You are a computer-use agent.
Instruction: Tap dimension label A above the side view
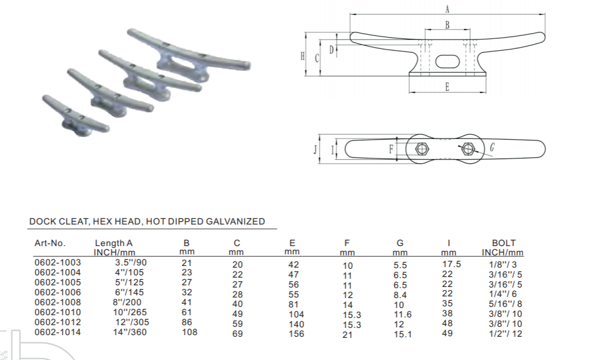click(447, 8)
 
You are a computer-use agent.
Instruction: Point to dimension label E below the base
click(447, 87)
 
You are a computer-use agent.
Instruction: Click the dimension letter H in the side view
click(302, 56)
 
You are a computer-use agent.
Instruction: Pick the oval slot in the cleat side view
click(447, 61)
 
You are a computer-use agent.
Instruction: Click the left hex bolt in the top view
click(421, 149)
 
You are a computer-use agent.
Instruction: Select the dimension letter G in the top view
click(492, 147)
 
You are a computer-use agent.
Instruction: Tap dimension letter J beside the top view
click(315, 149)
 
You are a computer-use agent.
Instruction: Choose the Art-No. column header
click(50, 243)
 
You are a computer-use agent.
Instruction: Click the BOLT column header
click(504, 243)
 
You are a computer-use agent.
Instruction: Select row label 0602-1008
click(58, 302)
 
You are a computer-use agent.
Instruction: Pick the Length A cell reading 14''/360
click(130, 332)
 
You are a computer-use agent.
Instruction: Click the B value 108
click(189, 332)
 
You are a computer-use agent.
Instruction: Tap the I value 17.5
click(451, 264)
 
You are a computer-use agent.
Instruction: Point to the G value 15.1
click(403, 334)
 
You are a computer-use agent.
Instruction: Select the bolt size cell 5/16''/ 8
click(505, 304)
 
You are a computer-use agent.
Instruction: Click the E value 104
click(296, 314)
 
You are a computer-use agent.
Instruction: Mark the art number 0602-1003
click(58, 262)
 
